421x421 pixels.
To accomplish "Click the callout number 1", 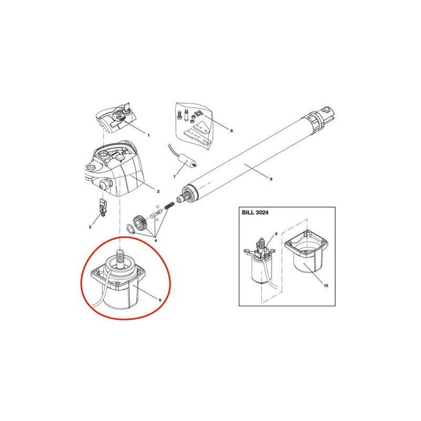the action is (x=148, y=135).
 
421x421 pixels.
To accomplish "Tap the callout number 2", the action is (x=158, y=192).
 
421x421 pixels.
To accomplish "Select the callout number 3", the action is (x=90, y=227).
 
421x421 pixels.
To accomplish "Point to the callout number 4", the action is (x=156, y=240).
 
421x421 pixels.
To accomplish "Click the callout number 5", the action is (x=160, y=300).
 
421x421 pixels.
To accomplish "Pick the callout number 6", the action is (x=271, y=179).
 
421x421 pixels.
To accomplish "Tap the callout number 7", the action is (x=175, y=177).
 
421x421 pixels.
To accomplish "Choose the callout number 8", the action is (x=232, y=131).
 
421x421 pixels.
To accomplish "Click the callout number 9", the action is (x=276, y=234).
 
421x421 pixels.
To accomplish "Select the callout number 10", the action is (x=326, y=285).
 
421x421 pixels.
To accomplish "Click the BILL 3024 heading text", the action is (x=255, y=213).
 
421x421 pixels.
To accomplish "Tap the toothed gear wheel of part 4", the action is (x=141, y=222).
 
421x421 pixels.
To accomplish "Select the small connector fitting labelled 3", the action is (x=103, y=207).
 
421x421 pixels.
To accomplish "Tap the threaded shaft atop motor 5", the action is (x=121, y=259).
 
